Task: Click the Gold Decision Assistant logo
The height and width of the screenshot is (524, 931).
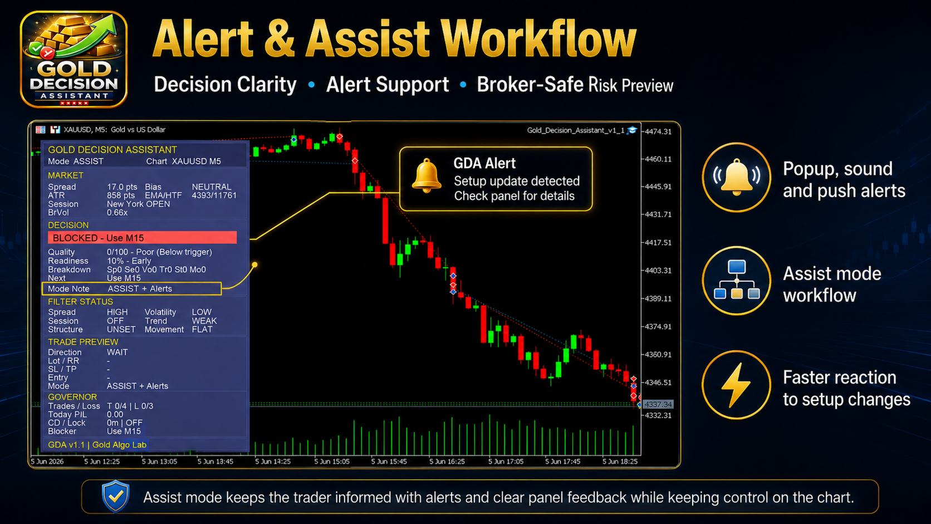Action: [x=73, y=60]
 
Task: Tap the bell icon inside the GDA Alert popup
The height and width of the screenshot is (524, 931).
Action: [x=427, y=176]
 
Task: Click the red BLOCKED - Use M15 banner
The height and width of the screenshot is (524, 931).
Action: [x=142, y=238]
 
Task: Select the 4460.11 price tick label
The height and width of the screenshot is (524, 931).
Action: [x=658, y=159]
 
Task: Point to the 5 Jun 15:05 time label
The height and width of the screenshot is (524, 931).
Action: [x=332, y=461]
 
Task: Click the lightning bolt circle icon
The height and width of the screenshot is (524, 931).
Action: [x=736, y=385]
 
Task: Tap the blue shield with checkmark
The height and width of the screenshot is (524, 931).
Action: [x=116, y=496]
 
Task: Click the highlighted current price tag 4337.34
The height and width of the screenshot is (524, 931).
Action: [x=658, y=404]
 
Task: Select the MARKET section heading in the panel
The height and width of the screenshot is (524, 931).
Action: [x=66, y=175]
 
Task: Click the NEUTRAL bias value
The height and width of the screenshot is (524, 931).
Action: [x=212, y=187]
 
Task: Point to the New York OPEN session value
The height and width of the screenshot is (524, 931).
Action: [x=139, y=204]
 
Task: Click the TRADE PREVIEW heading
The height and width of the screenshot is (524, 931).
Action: [x=83, y=342]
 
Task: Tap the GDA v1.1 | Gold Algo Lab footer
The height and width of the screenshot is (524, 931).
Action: [x=97, y=444]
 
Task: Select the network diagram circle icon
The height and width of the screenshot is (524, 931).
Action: [x=736, y=281]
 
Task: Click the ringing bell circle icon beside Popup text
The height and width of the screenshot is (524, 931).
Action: [x=736, y=178]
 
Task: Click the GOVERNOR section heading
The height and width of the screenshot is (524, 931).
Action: [x=72, y=397]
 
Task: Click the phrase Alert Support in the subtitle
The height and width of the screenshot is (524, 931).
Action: [x=388, y=84]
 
